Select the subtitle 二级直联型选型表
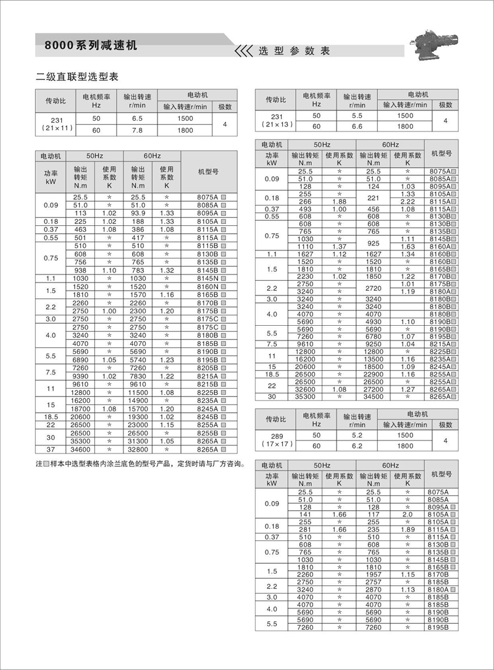click(x=77, y=78)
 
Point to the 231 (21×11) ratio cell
click(x=54, y=123)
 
